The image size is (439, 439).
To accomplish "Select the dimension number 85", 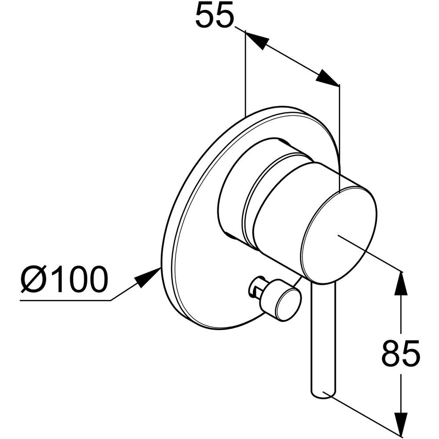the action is coord(401,353).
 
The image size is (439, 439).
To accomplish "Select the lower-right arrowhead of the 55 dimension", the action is coord(327,77).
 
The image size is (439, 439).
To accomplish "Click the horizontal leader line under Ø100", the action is coord(65,301).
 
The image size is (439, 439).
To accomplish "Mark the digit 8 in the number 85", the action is coord(391,353).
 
